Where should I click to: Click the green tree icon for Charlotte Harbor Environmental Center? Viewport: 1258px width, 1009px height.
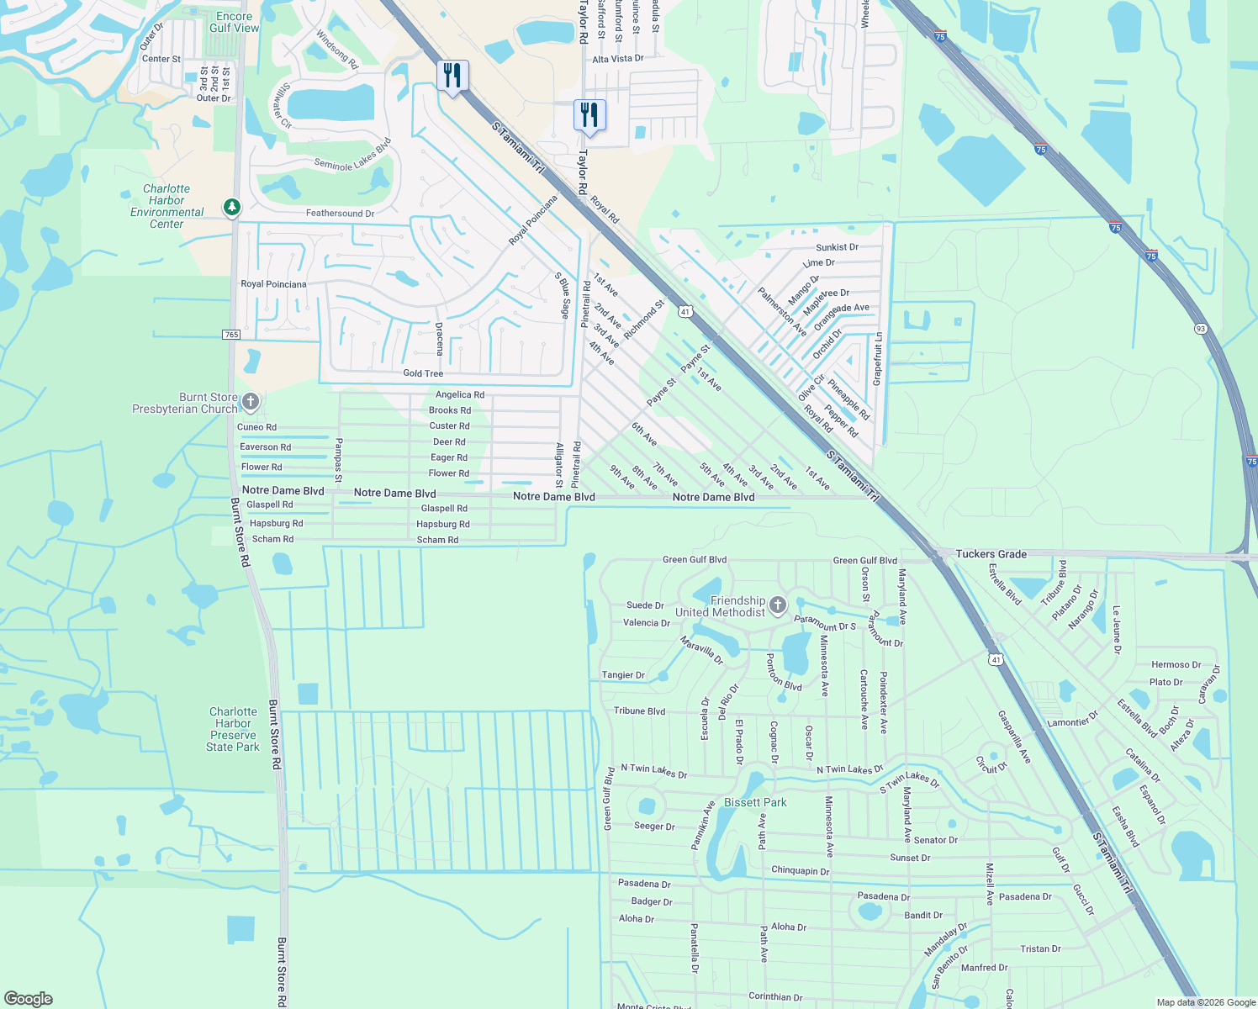pos(232,206)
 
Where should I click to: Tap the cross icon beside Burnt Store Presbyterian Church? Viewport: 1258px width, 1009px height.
pos(250,402)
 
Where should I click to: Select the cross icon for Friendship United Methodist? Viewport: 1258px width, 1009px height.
pos(778,605)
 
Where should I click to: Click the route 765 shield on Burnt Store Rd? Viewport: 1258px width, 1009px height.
pos(232,335)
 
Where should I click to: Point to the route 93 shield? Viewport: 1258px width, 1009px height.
pos(1200,328)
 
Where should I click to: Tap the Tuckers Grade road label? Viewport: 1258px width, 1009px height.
pos(991,554)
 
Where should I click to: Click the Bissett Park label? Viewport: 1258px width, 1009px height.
pos(755,802)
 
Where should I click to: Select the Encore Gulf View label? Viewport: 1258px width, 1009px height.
pos(234,22)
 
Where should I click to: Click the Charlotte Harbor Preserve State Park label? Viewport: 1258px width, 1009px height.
pos(233,729)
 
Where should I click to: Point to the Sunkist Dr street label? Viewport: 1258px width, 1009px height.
pos(837,247)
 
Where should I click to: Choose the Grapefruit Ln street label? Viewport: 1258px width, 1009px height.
pos(878,359)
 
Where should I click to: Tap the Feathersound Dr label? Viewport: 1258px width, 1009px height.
pos(340,214)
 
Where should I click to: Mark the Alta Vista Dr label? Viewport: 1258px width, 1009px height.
pos(617,59)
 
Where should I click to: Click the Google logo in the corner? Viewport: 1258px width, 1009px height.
pos(28,998)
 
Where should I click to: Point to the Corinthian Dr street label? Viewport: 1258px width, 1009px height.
pos(775,997)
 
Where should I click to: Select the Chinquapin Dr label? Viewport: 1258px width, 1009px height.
pos(800,871)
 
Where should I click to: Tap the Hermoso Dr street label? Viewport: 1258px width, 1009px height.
pos(1176,665)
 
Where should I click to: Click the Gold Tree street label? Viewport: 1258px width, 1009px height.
pos(423,373)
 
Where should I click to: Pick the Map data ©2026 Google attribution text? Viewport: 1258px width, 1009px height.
pos(1205,1002)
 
